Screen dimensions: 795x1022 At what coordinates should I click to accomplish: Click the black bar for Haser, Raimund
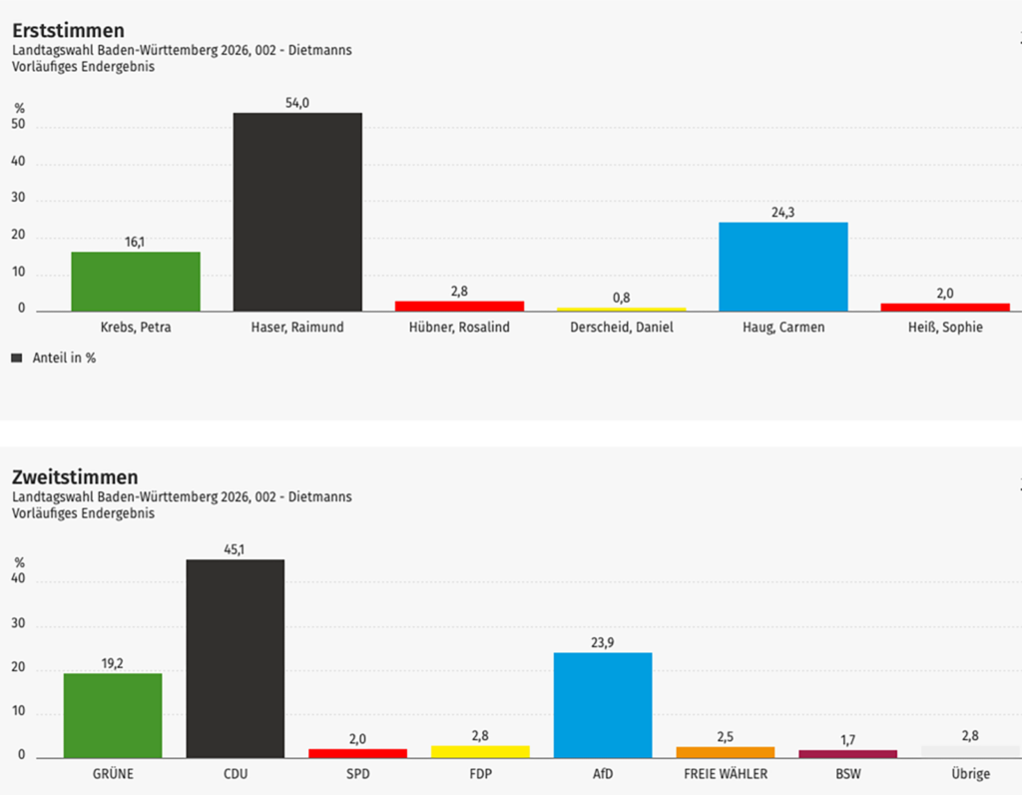pos(297,212)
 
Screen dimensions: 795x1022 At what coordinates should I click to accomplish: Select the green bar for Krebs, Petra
pos(136,281)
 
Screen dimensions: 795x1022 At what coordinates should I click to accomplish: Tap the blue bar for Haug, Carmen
pos(783,266)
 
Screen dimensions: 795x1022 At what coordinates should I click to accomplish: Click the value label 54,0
pos(297,103)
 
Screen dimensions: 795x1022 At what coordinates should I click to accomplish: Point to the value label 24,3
pos(783,213)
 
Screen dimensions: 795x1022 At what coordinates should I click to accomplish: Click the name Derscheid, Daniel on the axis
pos(621,328)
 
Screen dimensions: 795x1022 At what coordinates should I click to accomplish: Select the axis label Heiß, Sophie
pos(945,328)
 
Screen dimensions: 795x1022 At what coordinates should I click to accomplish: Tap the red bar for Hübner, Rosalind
pos(459,306)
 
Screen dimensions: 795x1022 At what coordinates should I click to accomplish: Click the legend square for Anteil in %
pos(16,357)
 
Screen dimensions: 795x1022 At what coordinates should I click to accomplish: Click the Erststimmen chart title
pos(68,31)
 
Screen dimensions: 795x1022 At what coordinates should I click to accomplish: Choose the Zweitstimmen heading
pos(75,477)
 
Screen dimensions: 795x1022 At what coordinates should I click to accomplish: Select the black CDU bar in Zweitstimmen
pos(236,658)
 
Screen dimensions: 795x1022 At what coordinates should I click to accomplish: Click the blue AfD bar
pos(603,705)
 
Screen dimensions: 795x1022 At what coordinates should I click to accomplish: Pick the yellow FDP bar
pos(480,751)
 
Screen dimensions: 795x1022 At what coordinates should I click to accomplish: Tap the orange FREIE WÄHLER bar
pos(726,752)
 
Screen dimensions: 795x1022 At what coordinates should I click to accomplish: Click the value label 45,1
pos(236,548)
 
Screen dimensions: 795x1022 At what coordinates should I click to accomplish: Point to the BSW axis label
pos(848,773)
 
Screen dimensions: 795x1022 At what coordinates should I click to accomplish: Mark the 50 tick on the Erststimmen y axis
pos(19,127)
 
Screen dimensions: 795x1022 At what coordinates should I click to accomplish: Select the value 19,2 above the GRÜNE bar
pos(113,662)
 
